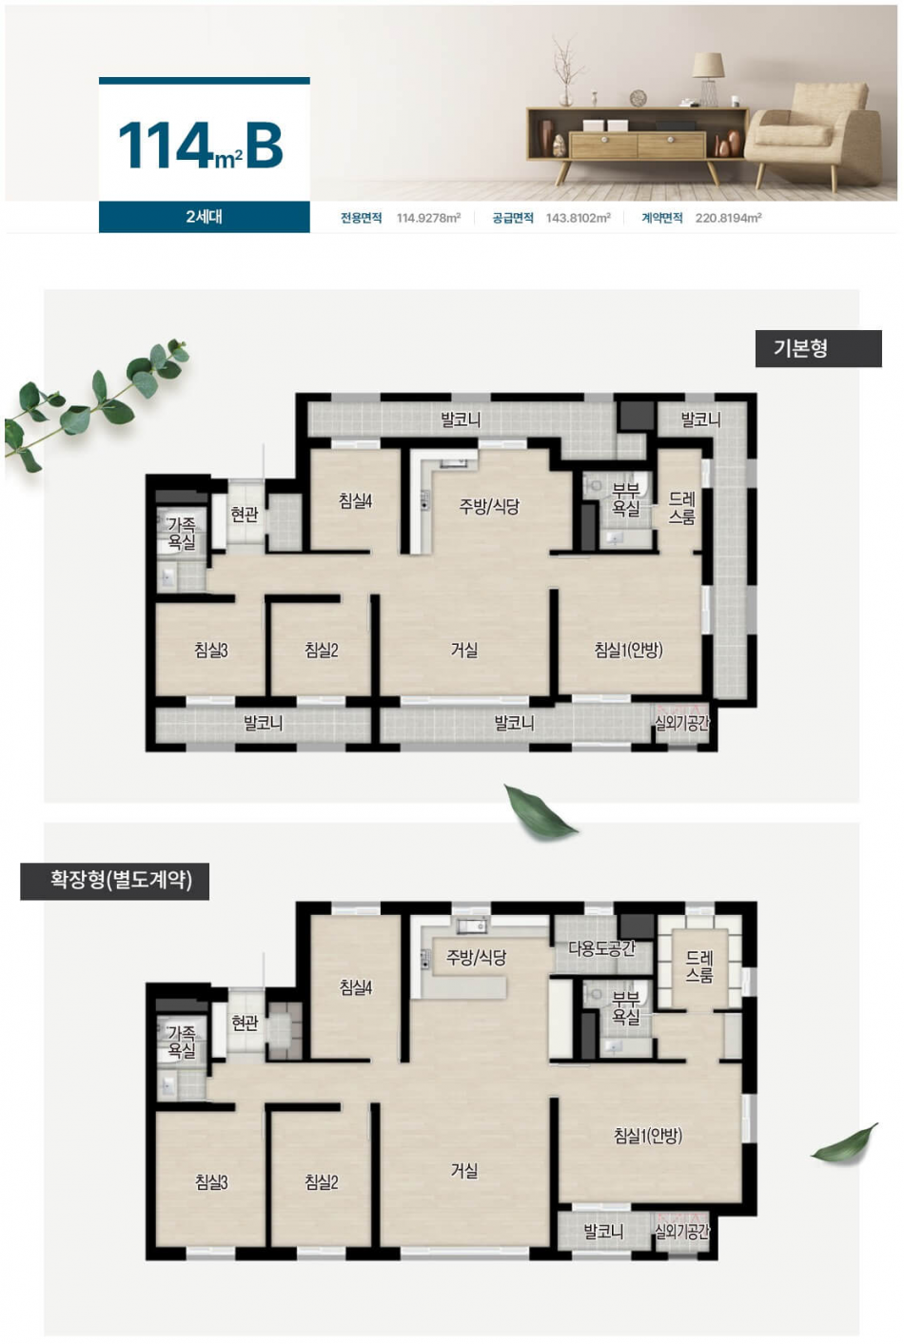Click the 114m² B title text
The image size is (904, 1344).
pyautogui.click(x=200, y=146)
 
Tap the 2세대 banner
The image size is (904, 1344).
pyautogui.click(x=204, y=217)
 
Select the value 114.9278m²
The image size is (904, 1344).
pyautogui.click(x=428, y=218)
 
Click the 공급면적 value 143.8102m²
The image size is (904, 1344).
pyautogui.click(x=578, y=218)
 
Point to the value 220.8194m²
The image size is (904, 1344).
pyautogui.click(x=728, y=218)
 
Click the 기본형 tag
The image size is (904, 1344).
pyautogui.click(x=818, y=348)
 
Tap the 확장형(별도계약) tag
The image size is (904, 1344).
pyautogui.click(x=114, y=881)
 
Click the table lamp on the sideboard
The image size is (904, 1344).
pyautogui.click(x=708, y=79)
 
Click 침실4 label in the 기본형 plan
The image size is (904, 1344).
pyautogui.click(x=355, y=500)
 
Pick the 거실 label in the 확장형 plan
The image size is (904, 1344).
pyautogui.click(x=464, y=1169)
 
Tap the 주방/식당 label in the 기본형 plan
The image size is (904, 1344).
pyautogui.click(x=489, y=506)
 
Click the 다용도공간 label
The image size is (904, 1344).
pyautogui.click(x=601, y=948)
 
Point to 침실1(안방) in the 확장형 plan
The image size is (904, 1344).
pyautogui.click(x=648, y=1135)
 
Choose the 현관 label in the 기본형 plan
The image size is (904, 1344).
pyautogui.click(x=245, y=515)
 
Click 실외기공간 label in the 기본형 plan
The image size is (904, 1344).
pyautogui.click(x=682, y=723)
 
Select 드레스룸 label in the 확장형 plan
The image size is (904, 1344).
pyautogui.click(x=699, y=966)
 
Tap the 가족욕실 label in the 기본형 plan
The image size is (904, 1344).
pyautogui.click(x=182, y=534)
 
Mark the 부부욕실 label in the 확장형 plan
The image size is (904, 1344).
pyautogui.click(x=625, y=1007)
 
